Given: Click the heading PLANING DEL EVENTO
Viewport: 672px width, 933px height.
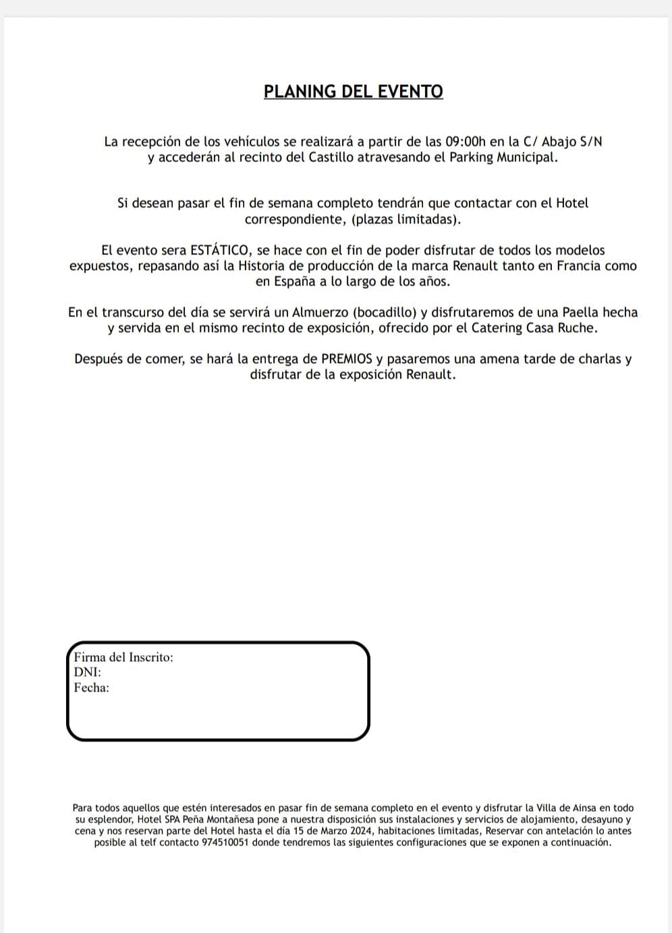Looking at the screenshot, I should (354, 92).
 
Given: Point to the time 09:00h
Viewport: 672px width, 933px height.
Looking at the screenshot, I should (466, 142).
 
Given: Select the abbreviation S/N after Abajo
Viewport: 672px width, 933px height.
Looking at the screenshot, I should (590, 142).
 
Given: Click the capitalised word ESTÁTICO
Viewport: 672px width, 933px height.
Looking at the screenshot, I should (219, 250).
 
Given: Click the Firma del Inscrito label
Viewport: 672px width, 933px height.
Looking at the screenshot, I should (123, 657).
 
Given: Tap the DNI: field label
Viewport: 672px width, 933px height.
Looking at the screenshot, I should (87, 672).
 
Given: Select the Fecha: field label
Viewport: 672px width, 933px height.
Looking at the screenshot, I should (92, 687).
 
